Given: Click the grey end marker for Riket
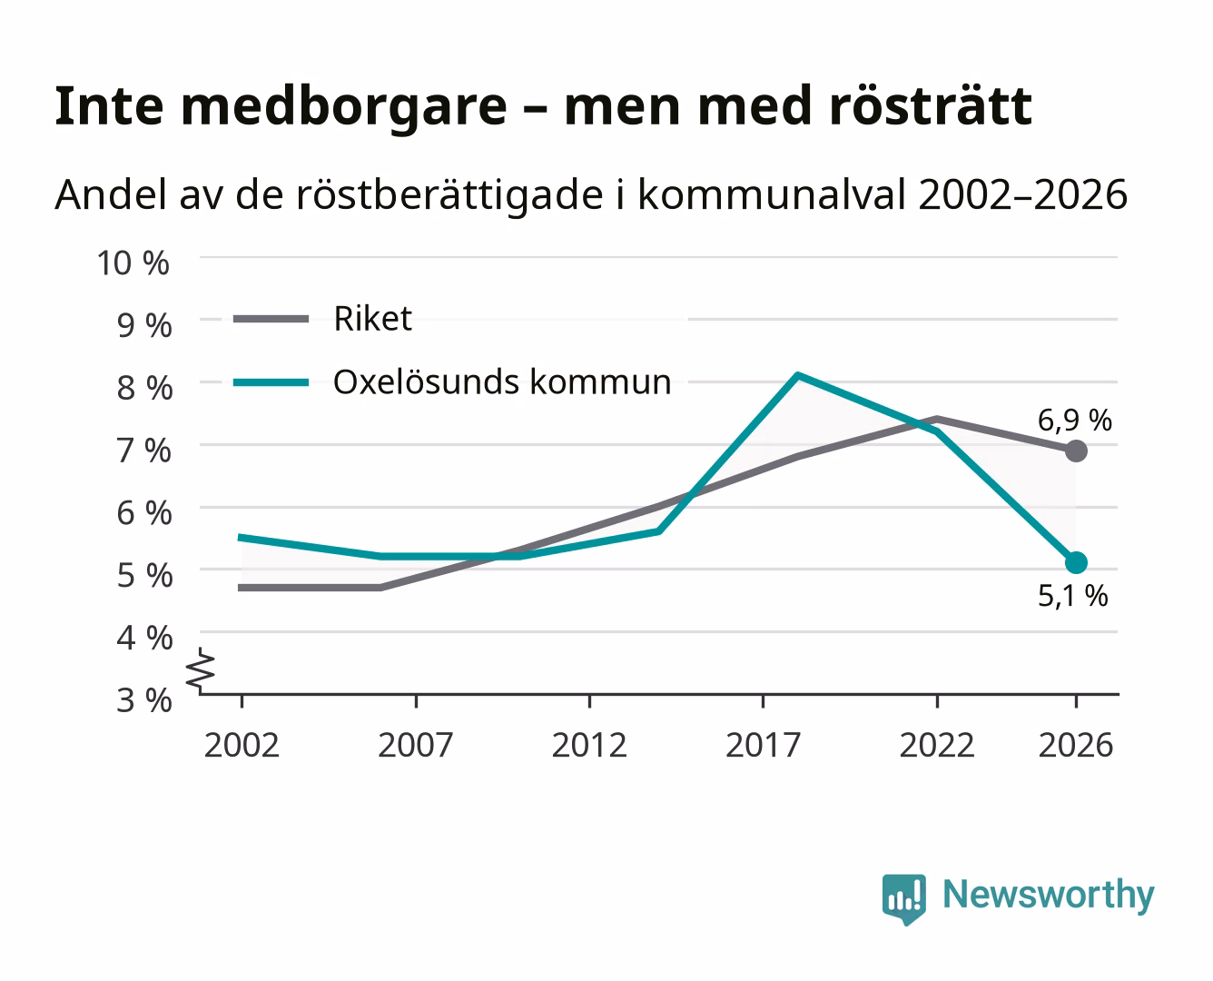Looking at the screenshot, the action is pos(1076,451).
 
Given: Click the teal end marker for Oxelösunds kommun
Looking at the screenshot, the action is pos(1076,563).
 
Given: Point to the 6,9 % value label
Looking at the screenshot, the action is pos(1075,421).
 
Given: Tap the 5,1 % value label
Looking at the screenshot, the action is pos(1073,596).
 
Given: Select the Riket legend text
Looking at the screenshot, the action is pos(372,319).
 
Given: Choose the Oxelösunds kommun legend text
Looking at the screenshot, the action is pos(502,381).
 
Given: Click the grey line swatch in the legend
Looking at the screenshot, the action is pos(271,319).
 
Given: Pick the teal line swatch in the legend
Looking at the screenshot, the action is pos(271,382).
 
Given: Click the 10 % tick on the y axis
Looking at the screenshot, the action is pos(133,263).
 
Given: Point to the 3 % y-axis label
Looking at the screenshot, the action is pos(144,700).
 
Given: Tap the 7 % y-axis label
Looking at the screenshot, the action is pos(144,451).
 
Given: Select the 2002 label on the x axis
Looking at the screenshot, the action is pos(242,745).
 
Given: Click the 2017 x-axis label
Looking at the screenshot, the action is pos(763,745).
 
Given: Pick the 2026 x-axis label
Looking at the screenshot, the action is pos(1076,745).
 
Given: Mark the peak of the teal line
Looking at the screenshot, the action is pos(798,375).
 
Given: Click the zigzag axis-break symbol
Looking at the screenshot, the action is pos(201,671).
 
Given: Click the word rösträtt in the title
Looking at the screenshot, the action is pos(931,106).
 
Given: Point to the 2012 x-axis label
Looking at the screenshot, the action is pos(589,745).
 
